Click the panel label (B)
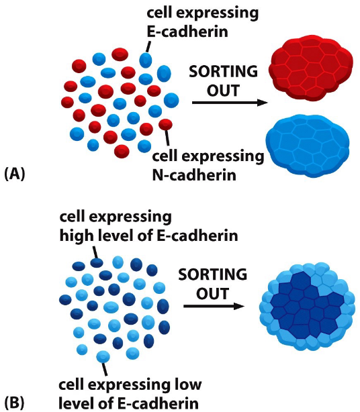pyautogui.click(x=14, y=403)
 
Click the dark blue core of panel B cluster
pyautogui.click(x=310, y=301)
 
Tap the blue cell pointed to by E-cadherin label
pyautogui.click(x=146, y=60)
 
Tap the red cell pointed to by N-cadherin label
pyautogui.click(x=165, y=124)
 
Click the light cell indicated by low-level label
pyautogui.click(x=103, y=356)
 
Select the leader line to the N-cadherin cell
pyautogui.click(x=167, y=138)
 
